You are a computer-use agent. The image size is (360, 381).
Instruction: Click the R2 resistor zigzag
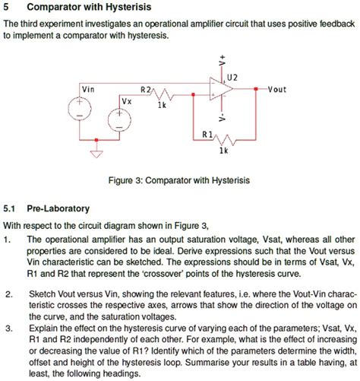coord(160,96)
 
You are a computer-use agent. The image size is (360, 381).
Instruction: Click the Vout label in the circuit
coord(276,89)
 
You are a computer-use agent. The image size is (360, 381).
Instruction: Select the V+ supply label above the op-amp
coord(223,59)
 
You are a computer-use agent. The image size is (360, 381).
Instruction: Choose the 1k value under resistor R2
coord(160,106)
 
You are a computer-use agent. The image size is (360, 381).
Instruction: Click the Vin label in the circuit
coord(89,89)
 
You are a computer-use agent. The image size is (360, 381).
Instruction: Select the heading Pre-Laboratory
coord(58,208)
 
